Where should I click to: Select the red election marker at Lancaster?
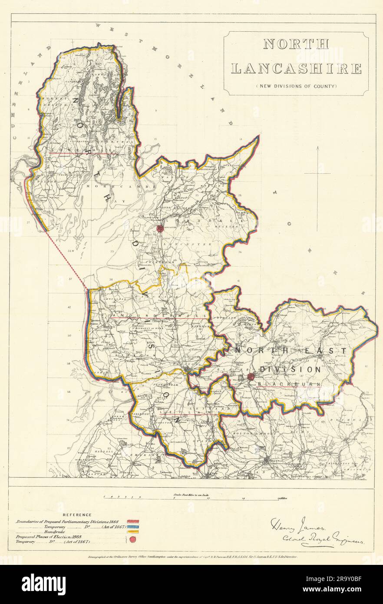(159, 229)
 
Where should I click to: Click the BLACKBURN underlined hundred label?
(289, 384)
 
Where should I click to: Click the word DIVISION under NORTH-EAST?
(290, 369)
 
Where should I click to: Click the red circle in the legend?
(133, 540)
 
